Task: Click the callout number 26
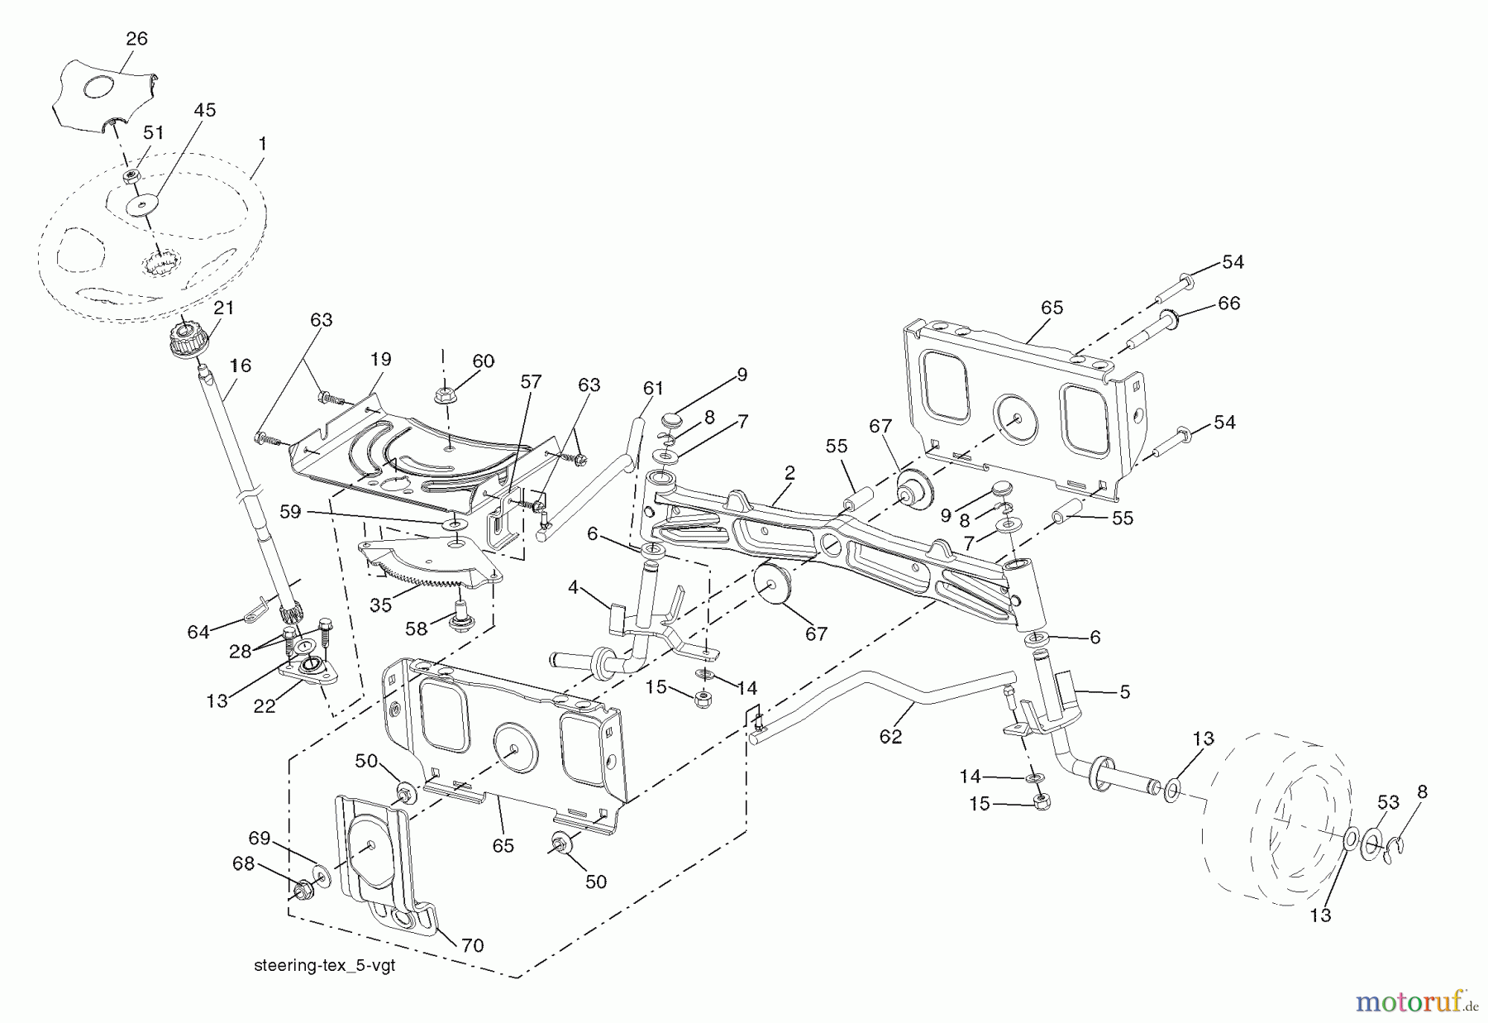136,38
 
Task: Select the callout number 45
204,110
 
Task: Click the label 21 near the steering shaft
223,308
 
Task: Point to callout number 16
241,366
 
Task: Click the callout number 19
380,360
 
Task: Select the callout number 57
531,381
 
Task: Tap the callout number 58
416,629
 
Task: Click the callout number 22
265,707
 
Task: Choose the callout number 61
653,387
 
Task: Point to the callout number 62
890,735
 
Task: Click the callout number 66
1228,304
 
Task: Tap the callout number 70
472,945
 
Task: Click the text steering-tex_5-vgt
325,965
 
